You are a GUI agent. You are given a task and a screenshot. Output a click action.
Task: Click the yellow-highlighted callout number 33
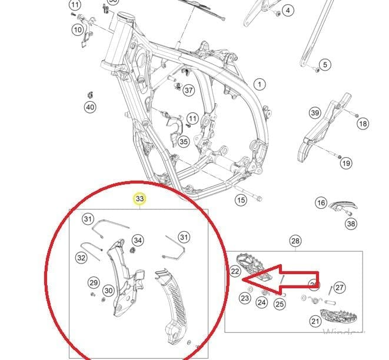[139, 199]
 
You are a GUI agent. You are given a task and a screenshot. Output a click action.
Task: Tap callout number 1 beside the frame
[260, 84]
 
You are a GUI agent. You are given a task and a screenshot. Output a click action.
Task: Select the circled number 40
[89, 107]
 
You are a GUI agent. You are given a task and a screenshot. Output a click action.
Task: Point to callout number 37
[188, 91]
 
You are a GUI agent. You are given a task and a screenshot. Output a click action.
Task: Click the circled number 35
[184, 141]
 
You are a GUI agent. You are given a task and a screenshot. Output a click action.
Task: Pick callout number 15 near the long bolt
[241, 201]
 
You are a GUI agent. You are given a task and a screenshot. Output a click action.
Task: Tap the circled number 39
[315, 113]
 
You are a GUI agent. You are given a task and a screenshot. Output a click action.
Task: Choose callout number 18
[363, 124]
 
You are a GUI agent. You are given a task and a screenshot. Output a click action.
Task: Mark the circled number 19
[345, 163]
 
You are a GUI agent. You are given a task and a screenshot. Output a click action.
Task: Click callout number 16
[321, 203]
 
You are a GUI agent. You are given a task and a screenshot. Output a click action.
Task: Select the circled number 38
[351, 224]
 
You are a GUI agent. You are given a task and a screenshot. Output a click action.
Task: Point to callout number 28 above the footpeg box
[295, 241]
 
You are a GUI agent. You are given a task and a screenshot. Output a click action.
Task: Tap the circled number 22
[235, 271]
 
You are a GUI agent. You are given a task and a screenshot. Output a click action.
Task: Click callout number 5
[325, 65]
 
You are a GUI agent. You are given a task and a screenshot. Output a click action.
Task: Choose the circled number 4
[287, 11]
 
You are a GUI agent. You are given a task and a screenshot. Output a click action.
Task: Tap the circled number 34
[137, 240]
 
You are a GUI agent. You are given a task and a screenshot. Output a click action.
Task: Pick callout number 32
[81, 258]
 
